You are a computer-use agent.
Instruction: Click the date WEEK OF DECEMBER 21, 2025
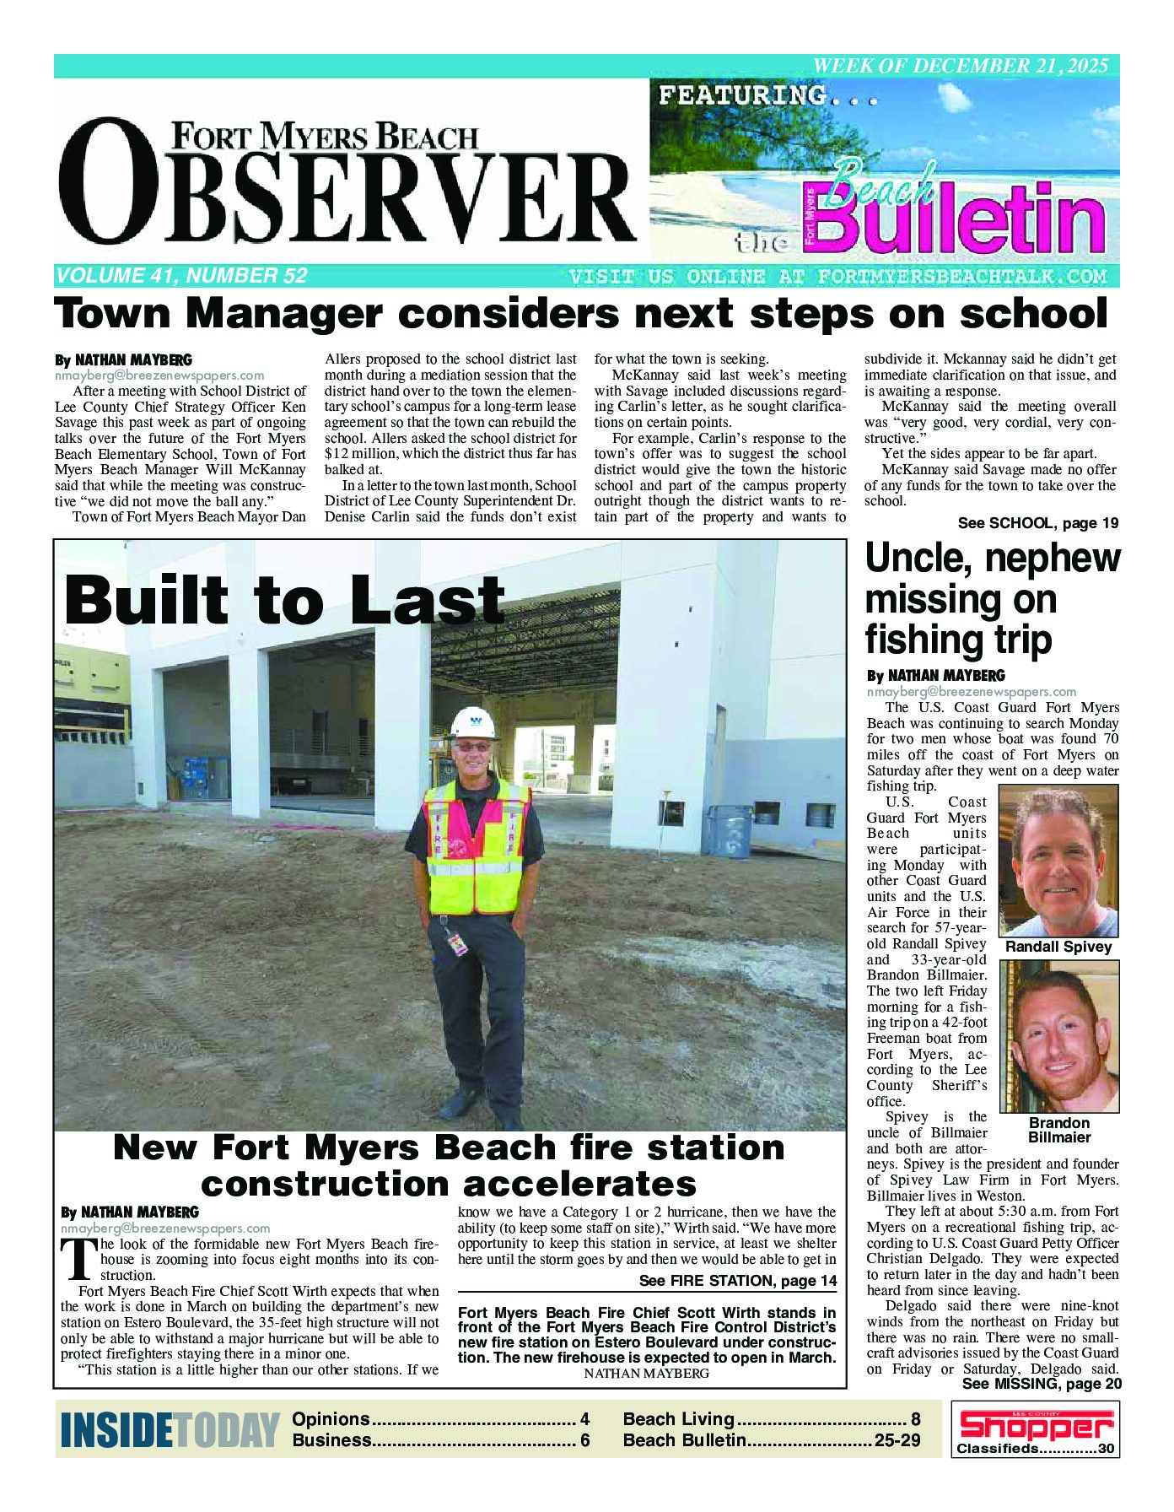click(x=960, y=66)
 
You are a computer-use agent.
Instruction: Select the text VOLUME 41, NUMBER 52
click(x=181, y=276)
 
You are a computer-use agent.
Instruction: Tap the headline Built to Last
click(x=284, y=600)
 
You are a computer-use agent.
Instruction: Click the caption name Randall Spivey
click(x=1058, y=947)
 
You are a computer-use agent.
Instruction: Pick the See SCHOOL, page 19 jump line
click(x=1037, y=523)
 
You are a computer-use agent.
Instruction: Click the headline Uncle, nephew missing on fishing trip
click(x=993, y=599)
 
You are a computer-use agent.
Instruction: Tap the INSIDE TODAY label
click(x=170, y=1431)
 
